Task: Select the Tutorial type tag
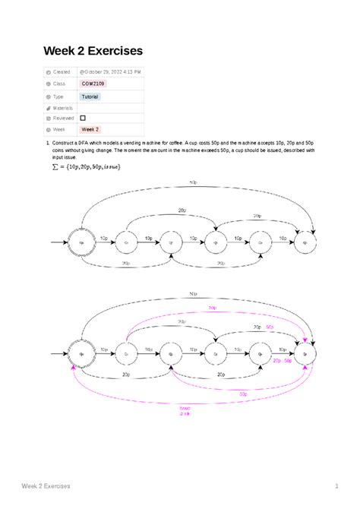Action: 90,97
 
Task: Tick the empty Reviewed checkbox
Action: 83,119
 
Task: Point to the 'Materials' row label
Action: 62,108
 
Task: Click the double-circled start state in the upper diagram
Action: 81,243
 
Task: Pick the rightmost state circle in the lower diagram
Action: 306,353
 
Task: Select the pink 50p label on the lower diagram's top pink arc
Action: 211,308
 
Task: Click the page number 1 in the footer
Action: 335,485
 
